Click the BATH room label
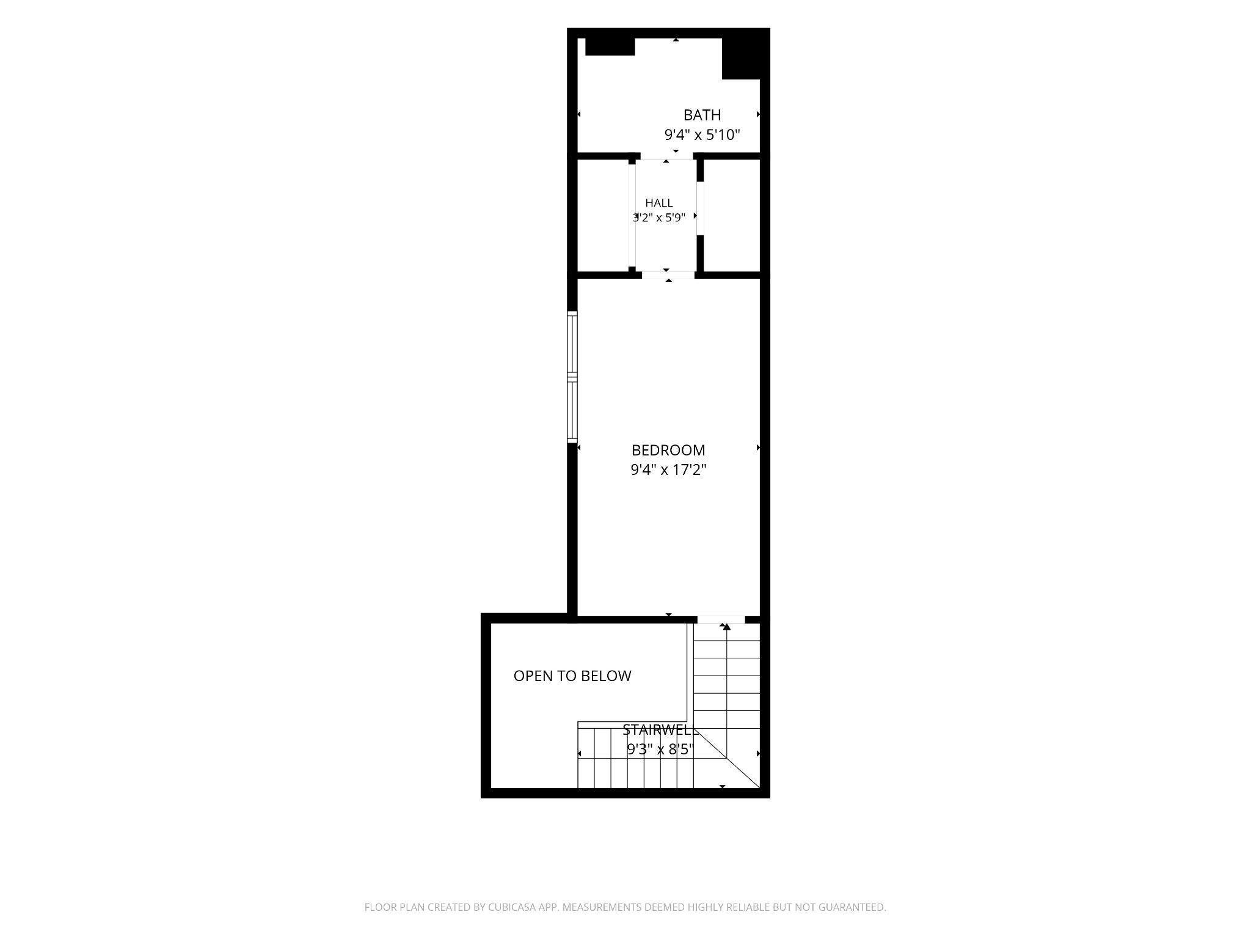click(702, 115)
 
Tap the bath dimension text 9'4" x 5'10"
click(702, 134)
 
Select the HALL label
click(659, 203)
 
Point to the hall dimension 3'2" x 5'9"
click(659, 218)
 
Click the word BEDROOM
click(668, 451)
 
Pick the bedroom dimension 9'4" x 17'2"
click(668, 470)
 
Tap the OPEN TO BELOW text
click(572, 676)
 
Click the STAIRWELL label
click(660, 730)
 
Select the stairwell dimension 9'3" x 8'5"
click(660, 749)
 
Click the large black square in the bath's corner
click(741, 59)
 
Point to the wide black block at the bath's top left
click(610, 47)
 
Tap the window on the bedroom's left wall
click(572, 377)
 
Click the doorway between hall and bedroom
click(668, 274)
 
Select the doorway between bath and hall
click(666, 156)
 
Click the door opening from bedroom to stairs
click(721, 619)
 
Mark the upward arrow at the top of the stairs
click(726, 627)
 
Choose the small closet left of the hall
click(603, 215)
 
